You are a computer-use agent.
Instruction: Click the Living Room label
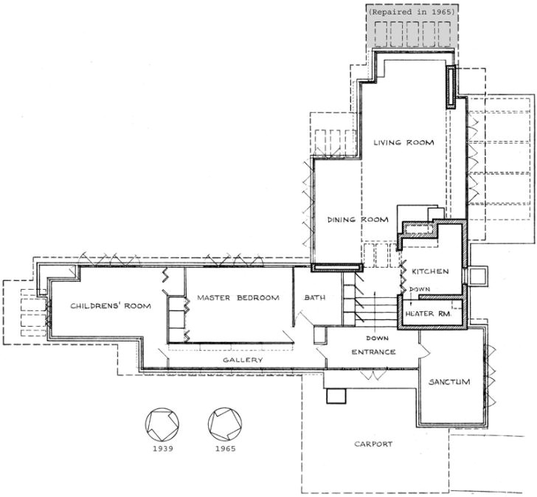(x=403, y=142)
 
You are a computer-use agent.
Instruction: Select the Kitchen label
(x=430, y=272)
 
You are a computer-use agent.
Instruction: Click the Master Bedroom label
(x=238, y=298)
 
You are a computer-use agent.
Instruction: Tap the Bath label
(x=316, y=298)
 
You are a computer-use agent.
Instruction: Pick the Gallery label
(x=243, y=359)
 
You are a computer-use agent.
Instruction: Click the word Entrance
(x=373, y=352)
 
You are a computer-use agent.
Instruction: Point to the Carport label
(x=373, y=444)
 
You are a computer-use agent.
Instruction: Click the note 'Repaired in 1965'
(x=412, y=12)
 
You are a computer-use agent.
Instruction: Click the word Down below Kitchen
(x=420, y=289)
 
